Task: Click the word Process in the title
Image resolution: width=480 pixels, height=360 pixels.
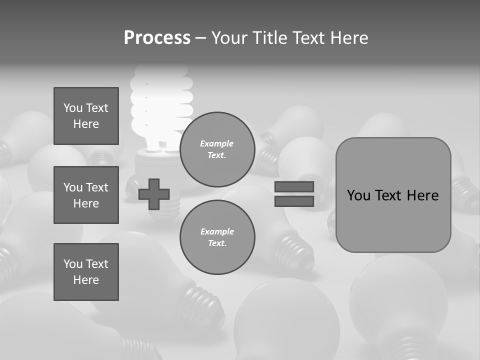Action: pos(157,38)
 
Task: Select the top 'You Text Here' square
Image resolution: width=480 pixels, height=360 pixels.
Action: pos(86,116)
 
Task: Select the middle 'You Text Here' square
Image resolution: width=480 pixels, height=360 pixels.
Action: pos(86,195)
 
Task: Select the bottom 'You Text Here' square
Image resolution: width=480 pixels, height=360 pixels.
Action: pos(86,272)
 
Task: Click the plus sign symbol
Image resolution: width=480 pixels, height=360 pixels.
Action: pos(154,194)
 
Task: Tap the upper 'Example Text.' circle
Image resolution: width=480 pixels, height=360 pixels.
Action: pos(217,149)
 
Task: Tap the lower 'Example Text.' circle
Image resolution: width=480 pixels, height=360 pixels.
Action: pos(217,237)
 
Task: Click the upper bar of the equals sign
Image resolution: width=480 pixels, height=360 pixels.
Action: pos(294,187)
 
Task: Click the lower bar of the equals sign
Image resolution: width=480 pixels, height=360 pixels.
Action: pos(294,201)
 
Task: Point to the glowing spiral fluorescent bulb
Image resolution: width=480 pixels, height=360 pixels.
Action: pos(161,107)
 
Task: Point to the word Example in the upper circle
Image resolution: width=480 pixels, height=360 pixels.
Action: pos(216,143)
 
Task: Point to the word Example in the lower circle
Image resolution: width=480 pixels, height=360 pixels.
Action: pos(217,231)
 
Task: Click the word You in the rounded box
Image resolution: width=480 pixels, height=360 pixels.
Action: pos(359,195)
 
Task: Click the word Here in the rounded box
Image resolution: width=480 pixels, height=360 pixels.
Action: pos(422,195)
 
